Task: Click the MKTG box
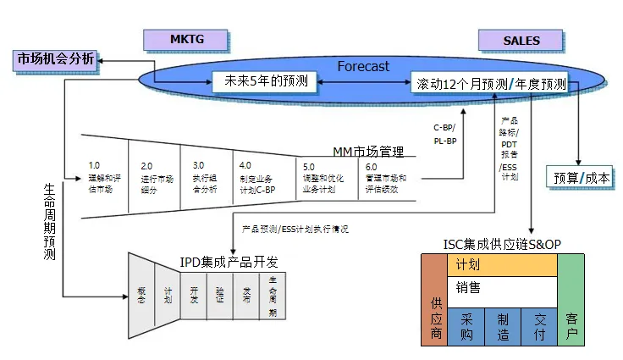186,39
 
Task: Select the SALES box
521,40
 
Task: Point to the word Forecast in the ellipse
363,65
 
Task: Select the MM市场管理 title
367,152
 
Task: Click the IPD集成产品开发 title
229,260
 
